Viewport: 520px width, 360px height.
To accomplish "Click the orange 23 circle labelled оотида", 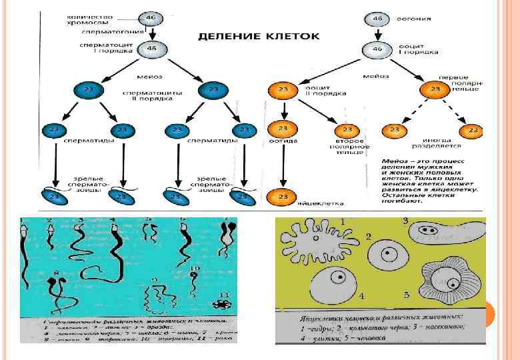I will click(283, 129).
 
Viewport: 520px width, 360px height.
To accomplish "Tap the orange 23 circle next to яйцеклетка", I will click(283, 197).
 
